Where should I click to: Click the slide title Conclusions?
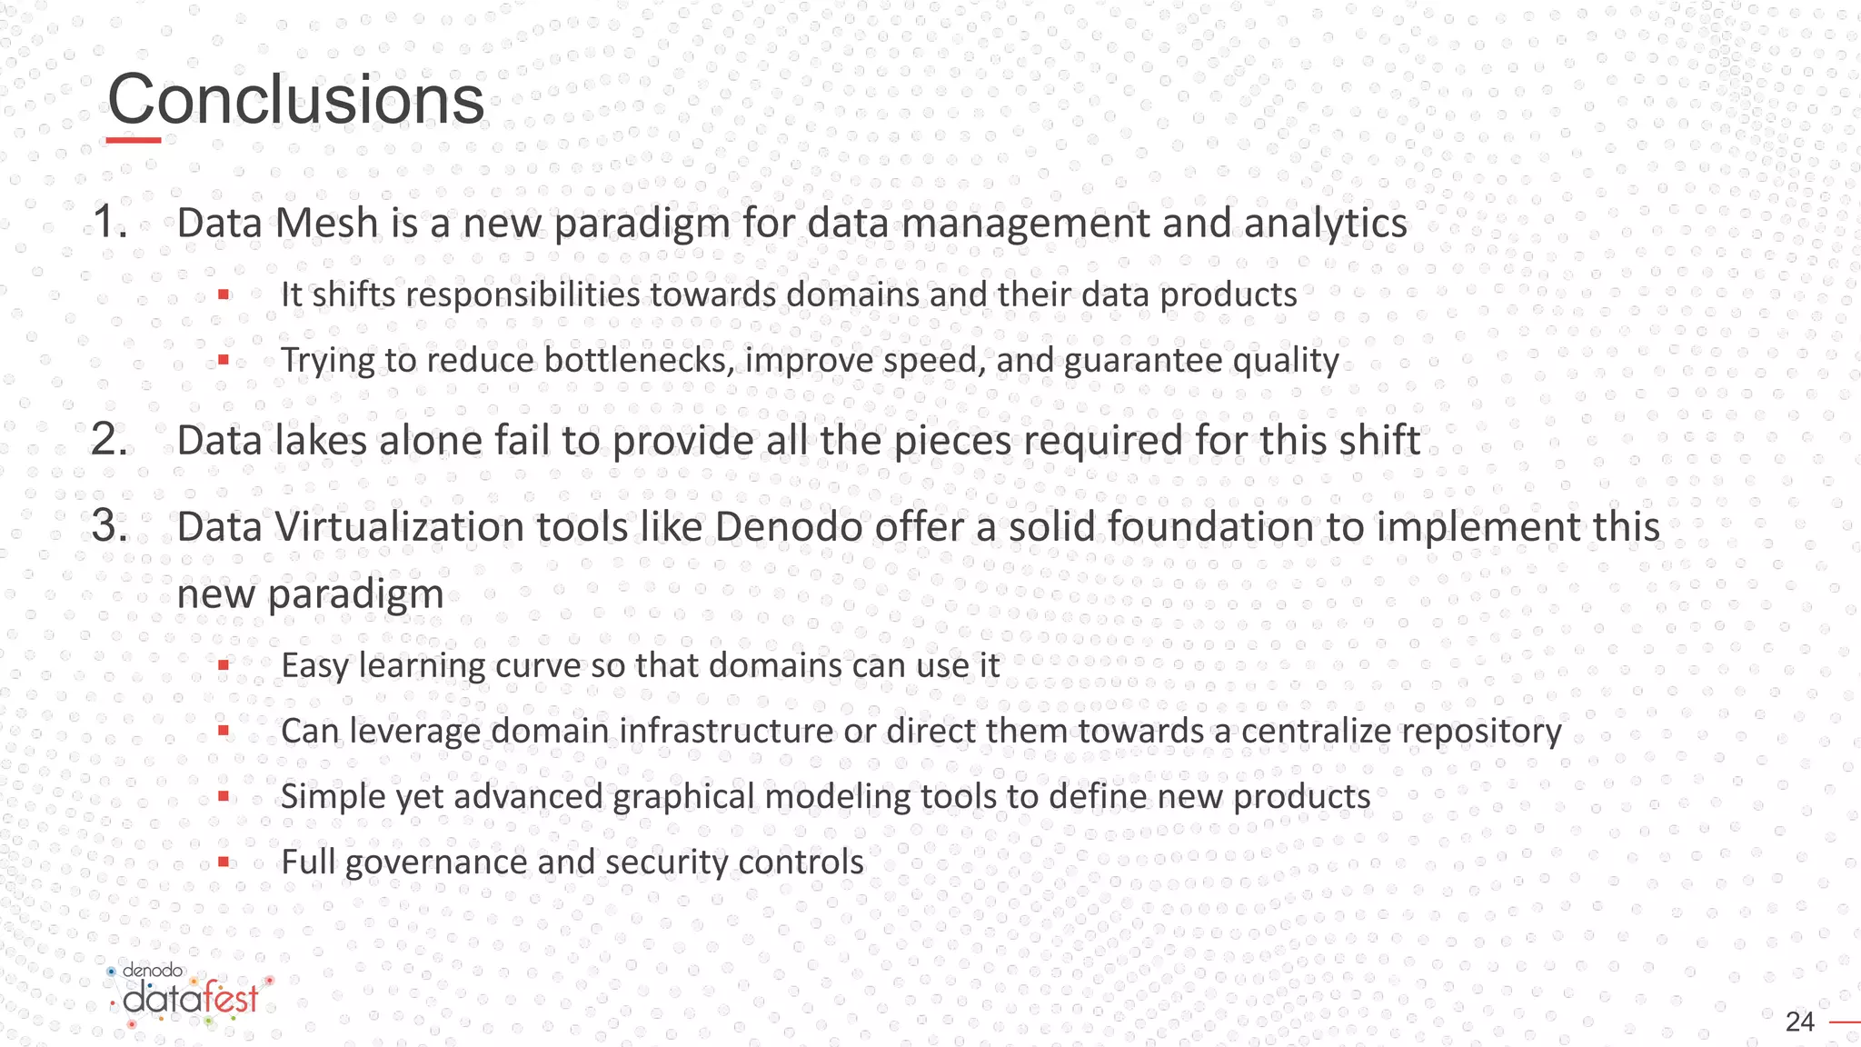point(295,100)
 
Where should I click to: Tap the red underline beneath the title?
point(134,140)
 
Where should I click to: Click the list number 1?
point(109,223)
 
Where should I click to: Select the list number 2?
point(109,440)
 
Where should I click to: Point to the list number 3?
point(109,526)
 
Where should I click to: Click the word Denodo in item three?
point(789,527)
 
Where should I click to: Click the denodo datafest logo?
point(189,998)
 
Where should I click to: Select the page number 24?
point(1799,1022)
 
